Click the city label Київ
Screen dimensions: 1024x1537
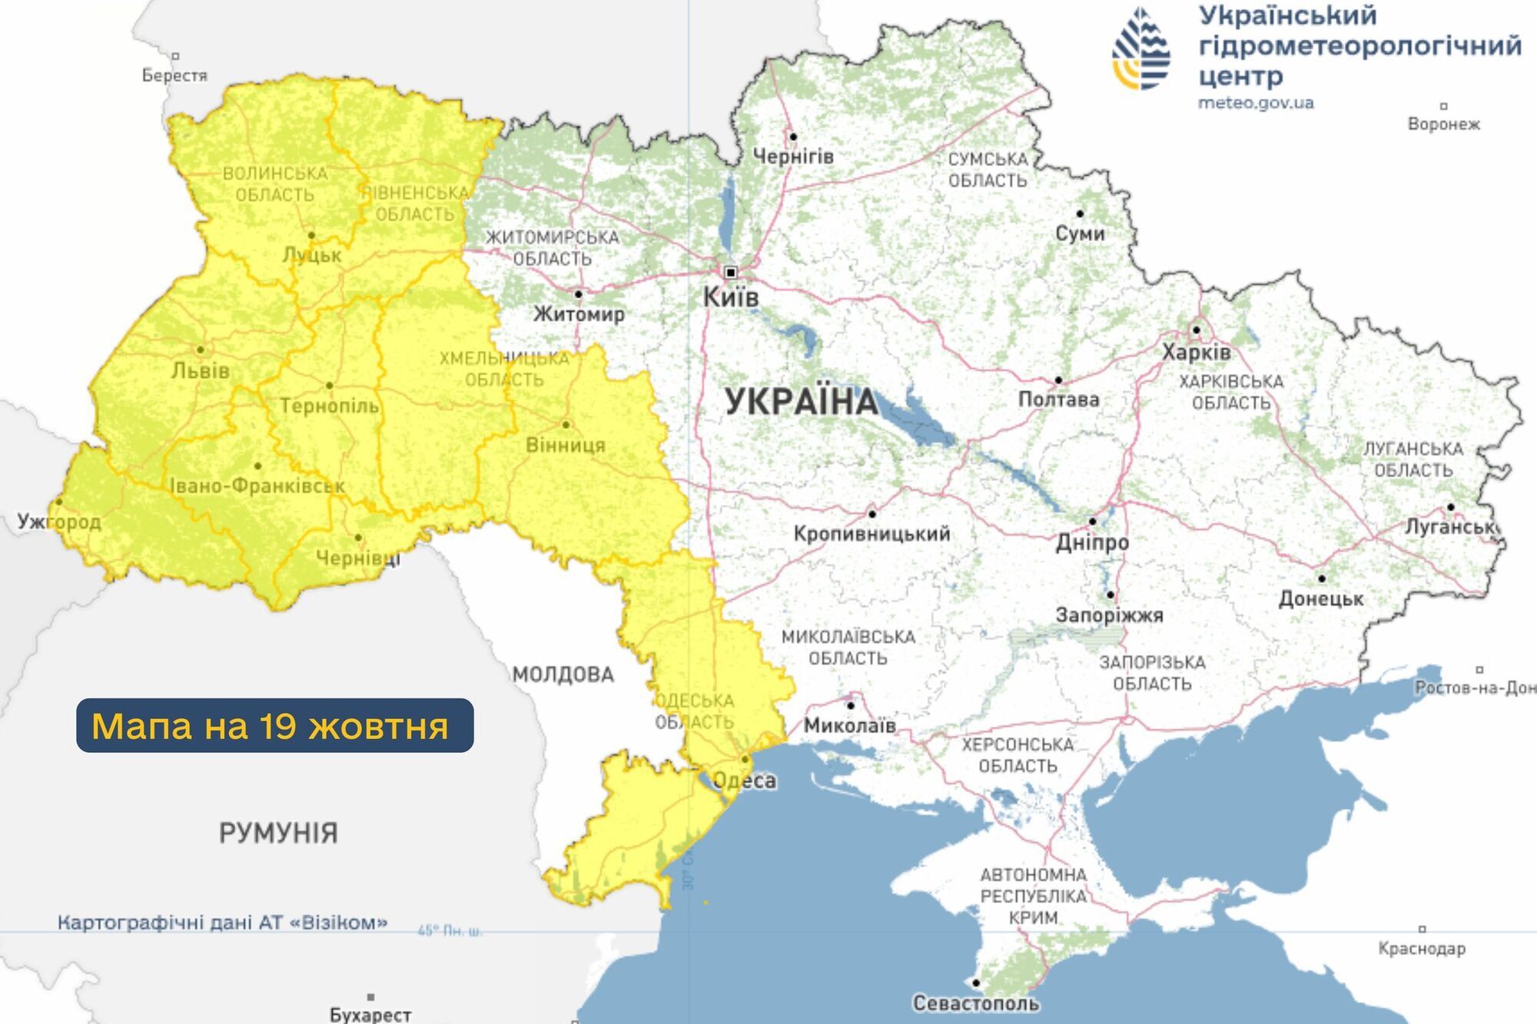click(x=731, y=297)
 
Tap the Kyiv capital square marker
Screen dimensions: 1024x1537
click(x=731, y=272)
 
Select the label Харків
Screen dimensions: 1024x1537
click(x=1197, y=353)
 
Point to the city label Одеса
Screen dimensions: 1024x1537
click(x=745, y=781)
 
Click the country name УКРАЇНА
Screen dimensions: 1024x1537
click(x=802, y=402)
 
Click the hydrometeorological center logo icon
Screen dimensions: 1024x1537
click(x=1141, y=48)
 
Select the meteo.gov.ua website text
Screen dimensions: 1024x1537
click(x=1256, y=103)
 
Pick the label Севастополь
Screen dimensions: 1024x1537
click(x=976, y=1003)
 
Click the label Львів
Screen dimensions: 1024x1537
click(x=201, y=371)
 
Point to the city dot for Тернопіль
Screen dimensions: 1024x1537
click(x=329, y=386)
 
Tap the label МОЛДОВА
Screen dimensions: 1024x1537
click(x=563, y=675)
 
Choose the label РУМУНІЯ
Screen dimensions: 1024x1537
click(x=278, y=833)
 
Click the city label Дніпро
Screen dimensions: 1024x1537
click(x=1092, y=542)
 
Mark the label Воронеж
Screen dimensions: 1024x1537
click(x=1443, y=124)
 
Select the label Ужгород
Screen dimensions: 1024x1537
click(x=59, y=522)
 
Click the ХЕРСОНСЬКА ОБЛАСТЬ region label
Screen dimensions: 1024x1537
click(x=1017, y=755)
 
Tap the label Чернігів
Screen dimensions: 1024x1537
click(x=793, y=157)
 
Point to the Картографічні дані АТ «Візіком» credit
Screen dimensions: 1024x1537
click(x=222, y=923)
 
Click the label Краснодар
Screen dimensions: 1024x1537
click(x=1422, y=949)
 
